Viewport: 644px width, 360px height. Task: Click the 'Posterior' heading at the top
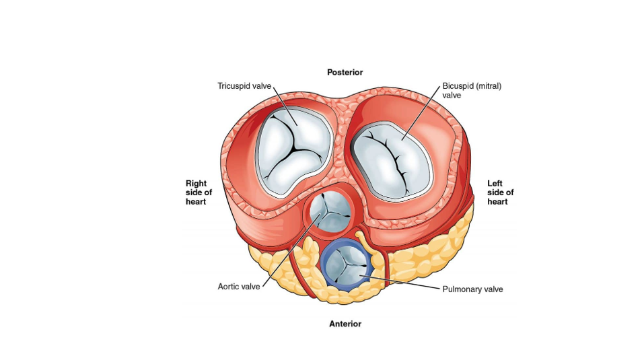[345, 72]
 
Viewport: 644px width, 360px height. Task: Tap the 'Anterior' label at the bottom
[345, 324]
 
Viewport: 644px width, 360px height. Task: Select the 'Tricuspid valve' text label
[244, 86]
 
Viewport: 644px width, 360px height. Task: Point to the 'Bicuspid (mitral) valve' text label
[472, 91]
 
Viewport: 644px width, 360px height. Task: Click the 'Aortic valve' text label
[239, 287]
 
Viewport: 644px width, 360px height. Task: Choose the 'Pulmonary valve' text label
[472, 289]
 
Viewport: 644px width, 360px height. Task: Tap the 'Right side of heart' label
[199, 192]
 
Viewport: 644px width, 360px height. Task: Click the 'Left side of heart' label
[500, 192]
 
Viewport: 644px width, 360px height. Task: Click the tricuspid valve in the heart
[293, 151]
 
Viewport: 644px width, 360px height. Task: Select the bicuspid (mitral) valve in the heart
[392, 161]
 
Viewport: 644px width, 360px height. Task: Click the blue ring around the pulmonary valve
[323, 264]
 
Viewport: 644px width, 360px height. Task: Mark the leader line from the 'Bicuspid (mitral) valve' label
[421, 113]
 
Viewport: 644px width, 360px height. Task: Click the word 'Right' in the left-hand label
[196, 184]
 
